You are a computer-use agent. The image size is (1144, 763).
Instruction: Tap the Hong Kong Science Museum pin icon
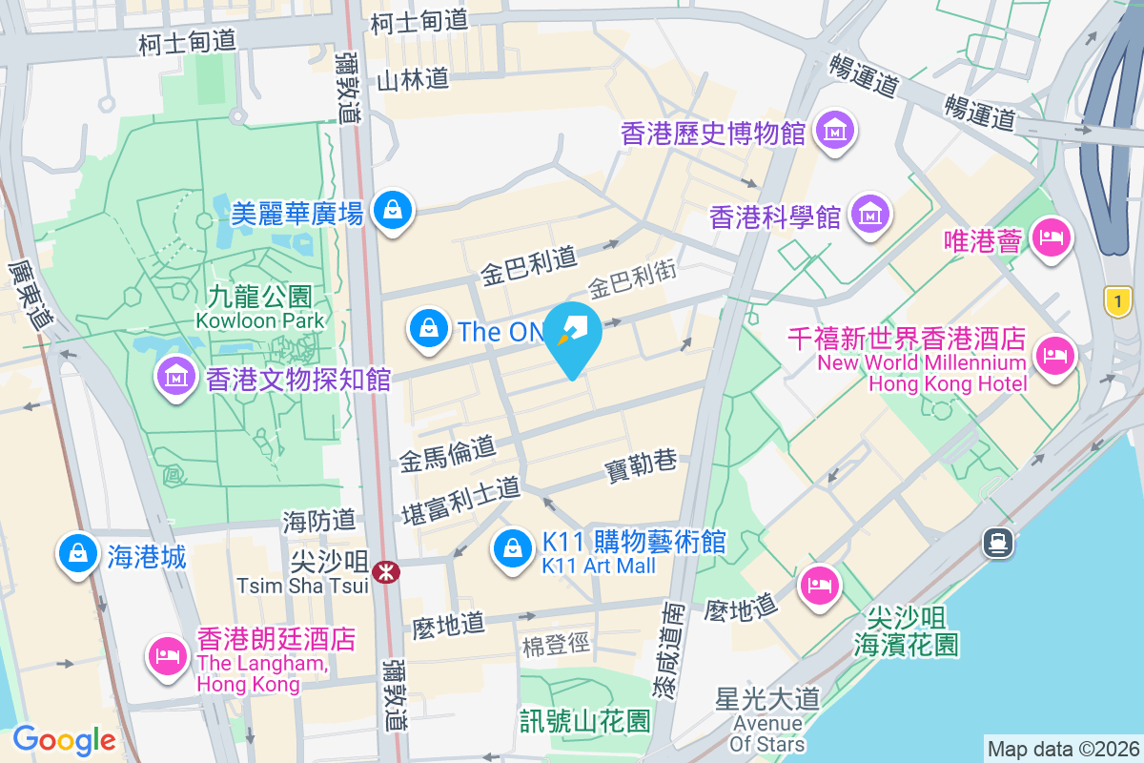click(x=870, y=214)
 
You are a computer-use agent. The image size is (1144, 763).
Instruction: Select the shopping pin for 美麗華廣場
click(x=393, y=209)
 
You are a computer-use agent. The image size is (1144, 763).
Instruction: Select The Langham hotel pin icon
click(x=168, y=654)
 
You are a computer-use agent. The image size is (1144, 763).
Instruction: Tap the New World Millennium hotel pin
click(x=1055, y=356)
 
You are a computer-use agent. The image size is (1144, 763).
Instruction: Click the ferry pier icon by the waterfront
click(x=997, y=543)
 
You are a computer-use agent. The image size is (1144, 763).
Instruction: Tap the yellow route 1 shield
click(x=1118, y=302)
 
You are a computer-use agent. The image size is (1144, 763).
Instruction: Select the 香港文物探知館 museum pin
click(x=176, y=377)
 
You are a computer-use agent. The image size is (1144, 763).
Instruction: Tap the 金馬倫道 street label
click(x=448, y=457)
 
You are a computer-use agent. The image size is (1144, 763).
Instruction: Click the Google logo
click(x=64, y=739)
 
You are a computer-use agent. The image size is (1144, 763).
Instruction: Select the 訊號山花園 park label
click(x=585, y=720)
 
